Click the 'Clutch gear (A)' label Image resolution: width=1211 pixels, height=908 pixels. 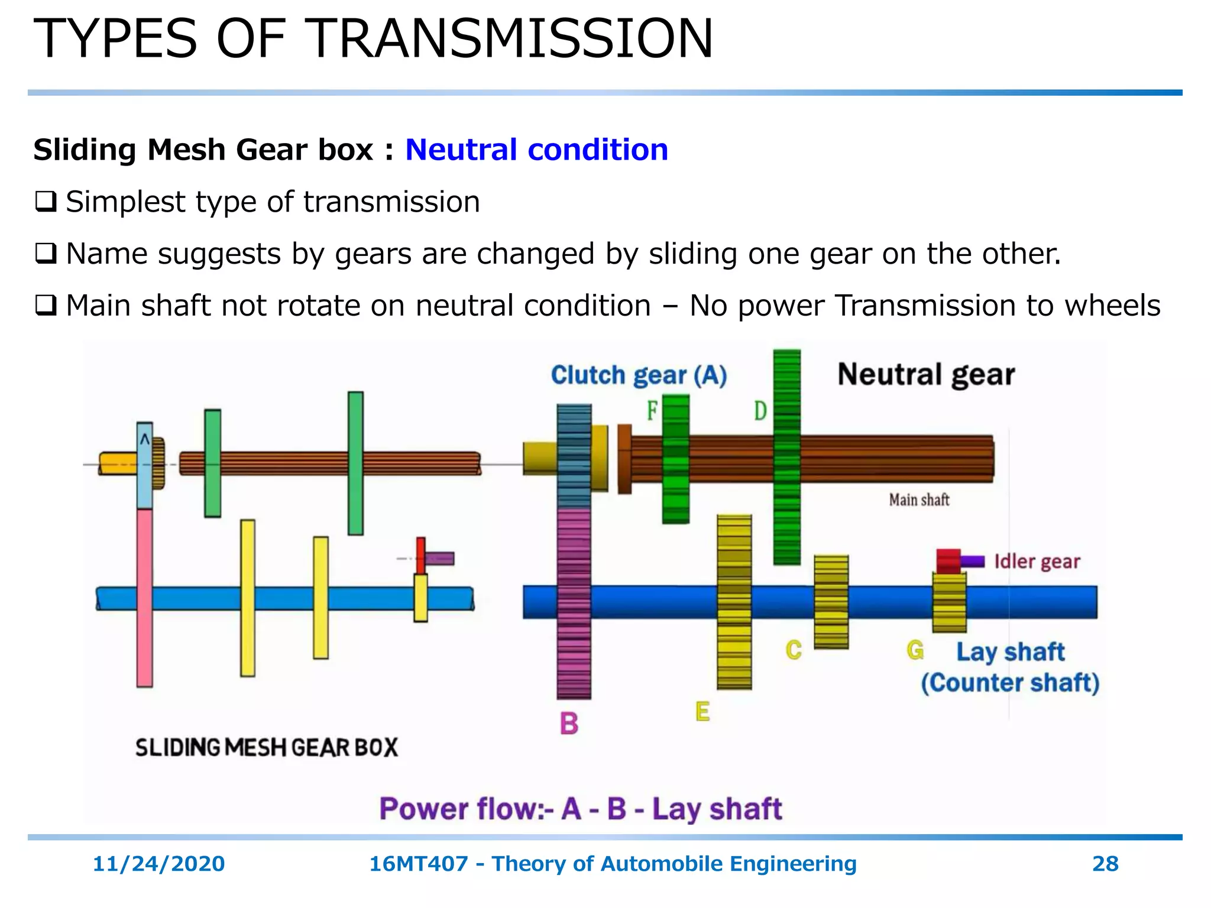pos(639,375)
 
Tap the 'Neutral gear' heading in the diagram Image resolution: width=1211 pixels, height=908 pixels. pos(926,375)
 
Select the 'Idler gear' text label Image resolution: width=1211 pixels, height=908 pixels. pos(1037,561)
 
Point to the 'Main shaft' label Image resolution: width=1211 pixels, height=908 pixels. pos(919,500)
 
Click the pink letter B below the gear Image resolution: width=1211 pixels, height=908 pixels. pos(569,724)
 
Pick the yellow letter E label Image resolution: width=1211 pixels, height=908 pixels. pos(702,712)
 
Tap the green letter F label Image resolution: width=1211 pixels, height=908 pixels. pos(652,410)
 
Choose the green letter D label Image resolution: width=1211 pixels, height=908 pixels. pos(760,410)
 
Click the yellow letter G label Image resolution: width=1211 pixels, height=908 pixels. pos(915,650)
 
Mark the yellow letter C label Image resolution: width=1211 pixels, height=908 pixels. pos(794,650)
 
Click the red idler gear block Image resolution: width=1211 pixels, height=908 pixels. pos(948,560)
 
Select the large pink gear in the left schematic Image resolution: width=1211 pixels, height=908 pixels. pos(144,597)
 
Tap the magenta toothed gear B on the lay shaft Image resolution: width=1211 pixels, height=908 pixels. pos(574,603)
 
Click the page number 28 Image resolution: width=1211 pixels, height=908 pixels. pos(1105,864)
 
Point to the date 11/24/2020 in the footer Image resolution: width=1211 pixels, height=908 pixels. pos(158,864)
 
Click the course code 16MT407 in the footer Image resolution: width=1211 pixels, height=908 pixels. pos(418,864)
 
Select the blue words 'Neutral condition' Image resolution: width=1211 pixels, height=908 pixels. pos(536,150)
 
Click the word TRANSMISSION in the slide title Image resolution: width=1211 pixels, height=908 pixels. pos(511,39)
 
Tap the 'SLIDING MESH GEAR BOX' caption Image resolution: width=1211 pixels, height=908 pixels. pos(267,748)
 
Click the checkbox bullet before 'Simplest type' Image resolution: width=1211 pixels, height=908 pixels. pos(46,202)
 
